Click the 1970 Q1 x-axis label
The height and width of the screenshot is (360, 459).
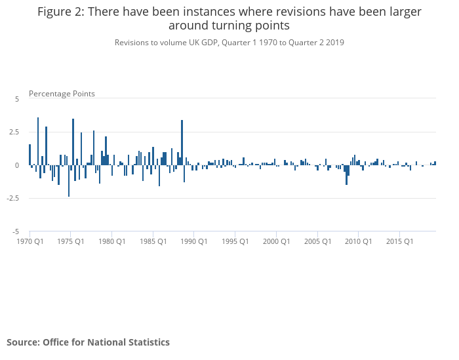click(30, 241)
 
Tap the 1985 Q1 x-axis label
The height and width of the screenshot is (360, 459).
click(153, 241)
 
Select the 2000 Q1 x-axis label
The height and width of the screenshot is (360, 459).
click(276, 241)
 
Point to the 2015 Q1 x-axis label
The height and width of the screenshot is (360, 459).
click(399, 241)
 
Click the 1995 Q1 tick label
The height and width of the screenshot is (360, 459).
click(235, 241)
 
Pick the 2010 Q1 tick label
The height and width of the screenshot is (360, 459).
click(358, 241)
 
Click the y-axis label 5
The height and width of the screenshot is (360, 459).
click(17, 99)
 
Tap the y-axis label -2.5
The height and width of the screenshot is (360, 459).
click(13, 198)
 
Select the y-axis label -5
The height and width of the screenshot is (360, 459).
click(16, 232)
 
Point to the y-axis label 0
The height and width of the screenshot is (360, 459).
click(17, 165)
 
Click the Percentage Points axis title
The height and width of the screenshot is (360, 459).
click(62, 94)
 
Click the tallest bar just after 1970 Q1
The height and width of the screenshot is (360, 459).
click(38, 142)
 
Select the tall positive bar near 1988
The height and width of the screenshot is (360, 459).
click(182, 142)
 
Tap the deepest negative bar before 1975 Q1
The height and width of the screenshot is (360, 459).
click(69, 181)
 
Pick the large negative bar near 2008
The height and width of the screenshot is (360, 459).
click(347, 175)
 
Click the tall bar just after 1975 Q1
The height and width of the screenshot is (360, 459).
click(73, 142)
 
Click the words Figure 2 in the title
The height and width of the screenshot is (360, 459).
click(61, 12)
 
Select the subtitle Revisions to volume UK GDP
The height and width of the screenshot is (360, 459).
click(167, 43)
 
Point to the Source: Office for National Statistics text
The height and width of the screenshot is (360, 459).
click(88, 342)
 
